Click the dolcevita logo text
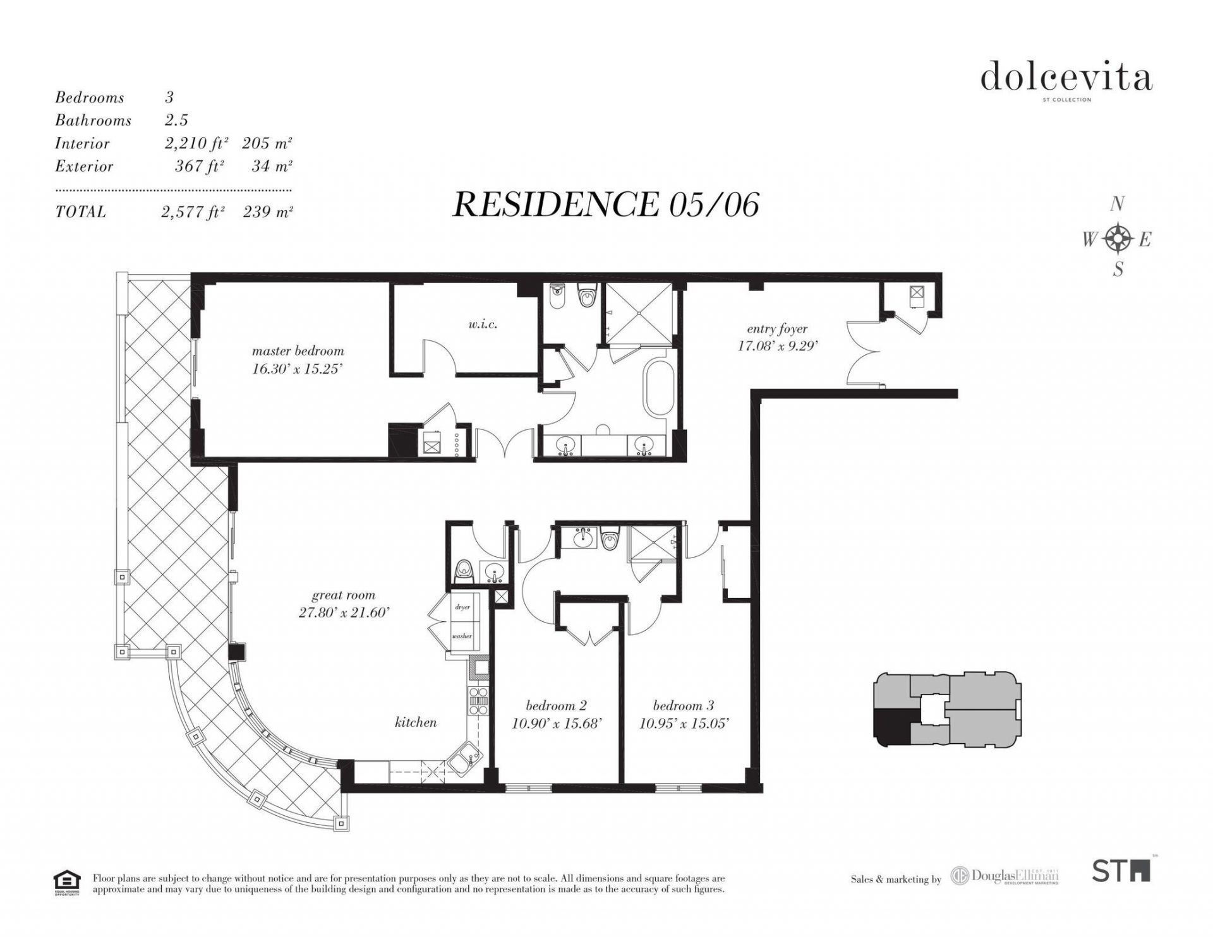[1066, 77]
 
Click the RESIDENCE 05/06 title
[605, 205]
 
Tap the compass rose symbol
[1118, 239]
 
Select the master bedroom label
[298, 351]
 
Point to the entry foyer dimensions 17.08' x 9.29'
[778, 345]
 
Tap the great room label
[343, 595]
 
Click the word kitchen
[415, 722]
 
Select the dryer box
[462, 607]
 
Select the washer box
[462, 636]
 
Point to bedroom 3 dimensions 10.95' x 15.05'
[684, 724]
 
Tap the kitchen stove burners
[477, 701]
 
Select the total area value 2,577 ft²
[193, 212]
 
